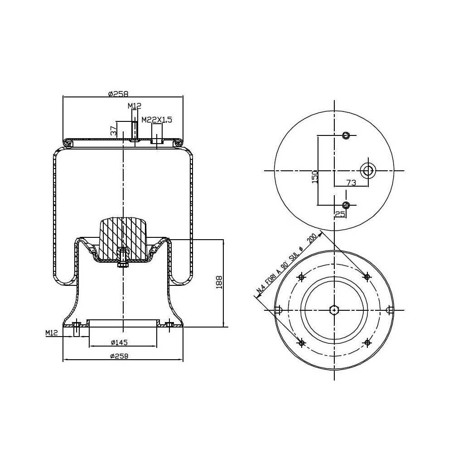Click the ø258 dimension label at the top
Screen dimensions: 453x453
(x=118, y=94)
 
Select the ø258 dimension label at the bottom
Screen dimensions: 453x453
(x=119, y=356)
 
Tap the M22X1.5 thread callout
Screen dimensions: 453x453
(x=157, y=120)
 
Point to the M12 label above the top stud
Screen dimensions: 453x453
(x=134, y=106)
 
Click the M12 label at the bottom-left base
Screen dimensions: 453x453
(x=52, y=333)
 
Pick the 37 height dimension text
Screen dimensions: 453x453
(x=114, y=131)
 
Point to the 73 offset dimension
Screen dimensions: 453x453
(x=351, y=183)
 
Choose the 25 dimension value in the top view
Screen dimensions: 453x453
(x=340, y=213)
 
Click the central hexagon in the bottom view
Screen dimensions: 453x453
(x=334, y=310)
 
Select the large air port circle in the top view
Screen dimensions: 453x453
(x=367, y=170)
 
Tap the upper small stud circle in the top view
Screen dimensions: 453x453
(x=346, y=135)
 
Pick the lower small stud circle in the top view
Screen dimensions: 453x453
(x=346, y=205)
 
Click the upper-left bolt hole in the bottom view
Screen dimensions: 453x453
(x=301, y=277)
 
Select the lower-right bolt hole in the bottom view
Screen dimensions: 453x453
(x=367, y=343)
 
